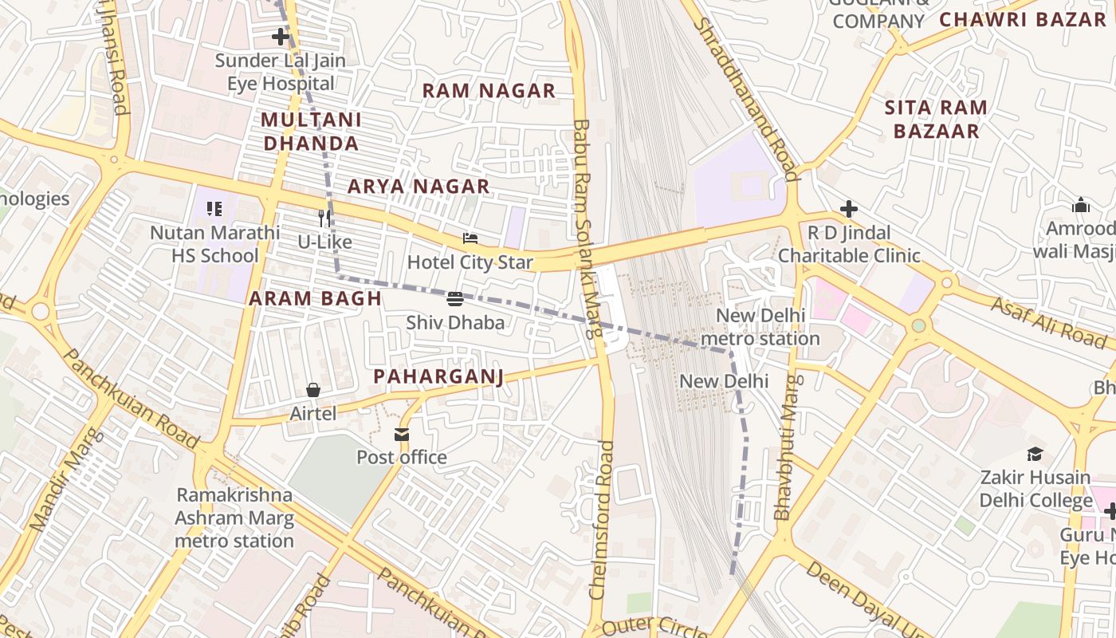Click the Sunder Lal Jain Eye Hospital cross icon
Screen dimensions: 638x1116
pyautogui.click(x=280, y=37)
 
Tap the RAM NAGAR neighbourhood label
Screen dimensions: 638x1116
pyautogui.click(x=489, y=91)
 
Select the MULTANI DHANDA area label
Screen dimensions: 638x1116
pyautogui.click(x=311, y=132)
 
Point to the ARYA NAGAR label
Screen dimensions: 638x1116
pyautogui.click(x=418, y=187)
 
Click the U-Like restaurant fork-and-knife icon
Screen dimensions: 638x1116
pyautogui.click(x=324, y=219)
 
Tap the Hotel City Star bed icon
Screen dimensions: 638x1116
pyautogui.click(x=470, y=238)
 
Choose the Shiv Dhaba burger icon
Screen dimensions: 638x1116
pyautogui.click(x=455, y=300)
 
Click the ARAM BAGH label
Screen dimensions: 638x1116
pyautogui.click(x=316, y=299)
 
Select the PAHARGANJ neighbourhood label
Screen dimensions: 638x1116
pyautogui.click(x=438, y=376)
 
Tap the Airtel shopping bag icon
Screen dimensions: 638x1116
pyautogui.click(x=313, y=390)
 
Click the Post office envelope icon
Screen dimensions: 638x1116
pyautogui.click(x=401, y=435)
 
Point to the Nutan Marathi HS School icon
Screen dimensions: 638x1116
pyautogui.click(x=214, y=209)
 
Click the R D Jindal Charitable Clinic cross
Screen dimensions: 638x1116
pyautogui.click(x=849, y=209)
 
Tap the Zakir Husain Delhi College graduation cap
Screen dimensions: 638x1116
pyautogui.click(x=1035, y=454)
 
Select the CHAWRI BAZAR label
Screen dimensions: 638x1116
pyautogui.click(x=1023, y=20)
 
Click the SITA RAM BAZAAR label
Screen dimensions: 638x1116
pyautogui.click(x=936, y=120)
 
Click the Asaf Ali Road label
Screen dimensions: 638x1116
pyautogui.click(x=1048, y=321)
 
